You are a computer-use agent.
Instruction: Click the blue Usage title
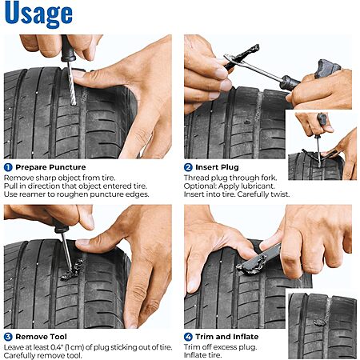pyautogui.click(x=38, y=13)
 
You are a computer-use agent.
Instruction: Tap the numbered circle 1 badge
pyautogui.click(x=8, y=167)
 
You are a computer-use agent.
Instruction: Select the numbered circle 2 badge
pyautogui.click(x=188, y=167)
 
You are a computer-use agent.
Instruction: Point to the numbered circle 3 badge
pyautogui.click(x=8, y=337)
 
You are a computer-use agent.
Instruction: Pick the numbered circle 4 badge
pyautogui.click(x=188, y=337)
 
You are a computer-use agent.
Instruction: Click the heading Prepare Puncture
pyautogui.click(x=50, y=167)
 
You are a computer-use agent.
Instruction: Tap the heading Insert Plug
pyautogui.click(x=217, y=167)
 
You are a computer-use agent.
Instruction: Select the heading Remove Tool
pyautogui.click(x=41, y=337)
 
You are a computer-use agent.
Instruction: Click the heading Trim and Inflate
pyautogui.click(x=227, y=337)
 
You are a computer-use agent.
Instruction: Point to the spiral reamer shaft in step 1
pyautogui.click(x=71, y=83)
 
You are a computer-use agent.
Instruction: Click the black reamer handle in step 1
pyautogui.click(x=67, y=49)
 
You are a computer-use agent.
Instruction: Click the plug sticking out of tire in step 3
pyautogui.click(x=73, y=270)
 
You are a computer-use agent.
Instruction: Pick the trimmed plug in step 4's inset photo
pyautogui.click(x=320, y=322)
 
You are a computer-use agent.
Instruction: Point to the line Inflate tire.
pyautogui.click(x=202, y=355)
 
